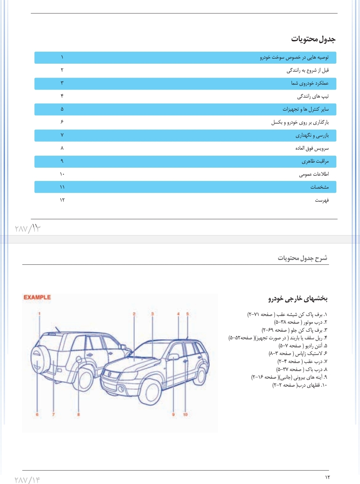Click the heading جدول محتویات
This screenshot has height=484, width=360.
point(313,39)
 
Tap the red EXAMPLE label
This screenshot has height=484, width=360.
point(37,297)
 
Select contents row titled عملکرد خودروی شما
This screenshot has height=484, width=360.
point(310,83)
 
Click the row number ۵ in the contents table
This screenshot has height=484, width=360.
point(62,109)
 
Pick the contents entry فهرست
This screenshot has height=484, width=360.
point(322,200)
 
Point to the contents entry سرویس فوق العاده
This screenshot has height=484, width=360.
point(312,148)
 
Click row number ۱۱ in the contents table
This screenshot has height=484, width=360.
point(62,187)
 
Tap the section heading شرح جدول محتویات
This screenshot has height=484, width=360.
point(302,258)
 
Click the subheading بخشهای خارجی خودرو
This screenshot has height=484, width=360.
point(298,298)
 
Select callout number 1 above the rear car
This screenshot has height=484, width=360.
point(39,314)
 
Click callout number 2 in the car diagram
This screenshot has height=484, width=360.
point(134,314)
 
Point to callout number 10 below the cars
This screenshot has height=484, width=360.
point(185,414)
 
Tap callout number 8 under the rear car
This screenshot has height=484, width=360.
point(78,414)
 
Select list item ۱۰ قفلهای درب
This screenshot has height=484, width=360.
point(300,385)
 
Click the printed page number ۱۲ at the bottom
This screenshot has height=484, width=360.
point(327,477)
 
